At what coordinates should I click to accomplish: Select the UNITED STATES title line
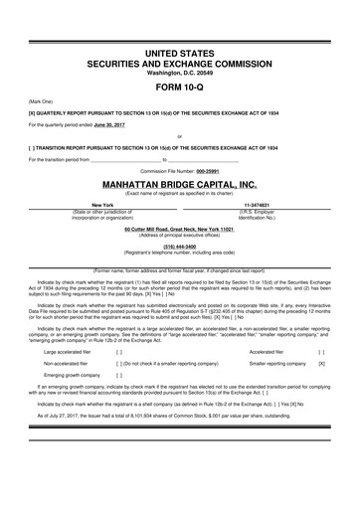point(179,51)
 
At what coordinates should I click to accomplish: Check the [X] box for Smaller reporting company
point(321,364)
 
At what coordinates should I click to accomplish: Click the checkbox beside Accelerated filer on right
point(321,351)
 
